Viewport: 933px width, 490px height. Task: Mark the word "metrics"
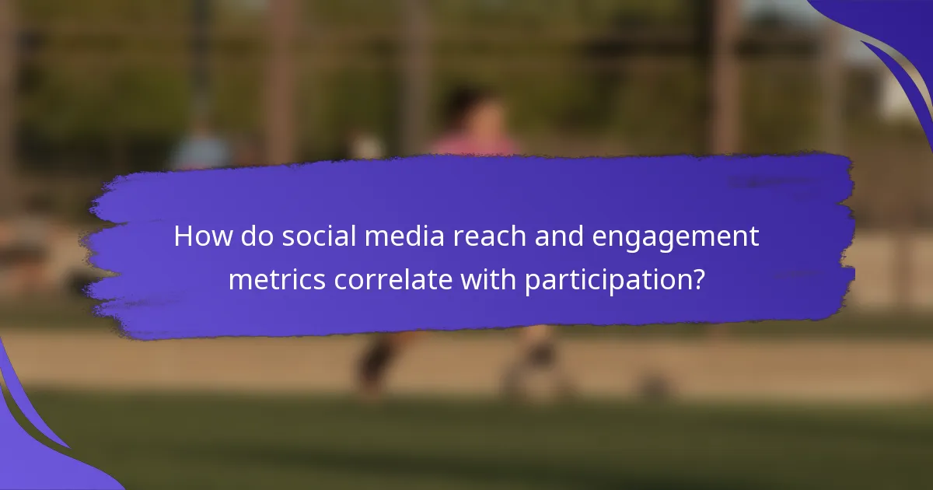pyautogui.click(x=277, y=279)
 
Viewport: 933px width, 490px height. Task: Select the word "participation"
pyautogui.click(x=606, y=281)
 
